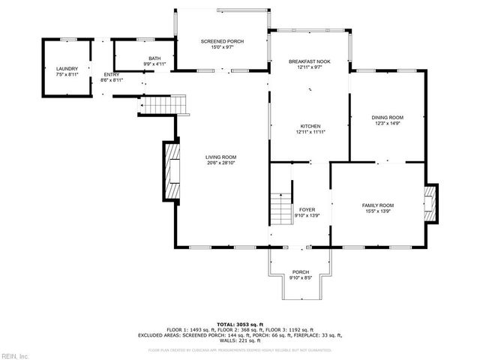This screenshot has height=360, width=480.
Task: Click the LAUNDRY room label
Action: pos(67,68)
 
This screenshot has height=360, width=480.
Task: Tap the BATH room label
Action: pos(154,58)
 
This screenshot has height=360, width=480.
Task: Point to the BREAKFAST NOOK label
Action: pos(310,61)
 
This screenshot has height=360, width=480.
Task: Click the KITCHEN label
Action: pos(310,126)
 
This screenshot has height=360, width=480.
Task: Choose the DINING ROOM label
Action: pos(388,118)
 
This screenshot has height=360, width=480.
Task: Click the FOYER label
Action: pos(307,210)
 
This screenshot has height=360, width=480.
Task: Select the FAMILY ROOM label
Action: pos(378,205)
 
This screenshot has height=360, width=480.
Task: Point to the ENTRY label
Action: pos(111,74)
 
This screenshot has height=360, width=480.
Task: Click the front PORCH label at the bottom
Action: pos(300,272)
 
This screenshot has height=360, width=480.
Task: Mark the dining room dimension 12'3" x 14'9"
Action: pos(388,124)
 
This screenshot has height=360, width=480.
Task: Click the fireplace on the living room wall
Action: pos(171,171)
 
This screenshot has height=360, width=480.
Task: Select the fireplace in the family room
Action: pos(430,203)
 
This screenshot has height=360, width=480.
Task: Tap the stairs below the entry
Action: pos(162,104)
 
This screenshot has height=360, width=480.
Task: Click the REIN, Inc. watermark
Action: pos(15,355)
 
